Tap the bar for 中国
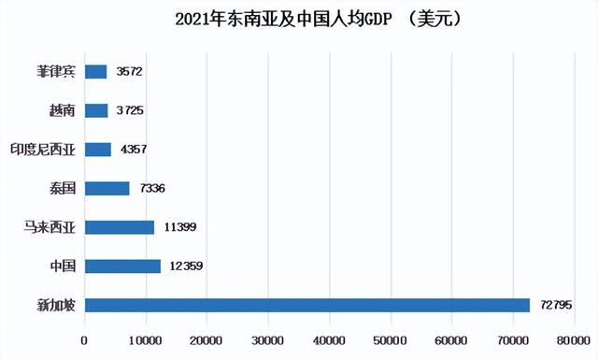(122, 266)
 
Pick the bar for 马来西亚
(120, 227)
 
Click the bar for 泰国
(107, 188)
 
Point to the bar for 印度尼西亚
(98, 149)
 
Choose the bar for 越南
(96, 110)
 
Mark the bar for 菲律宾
(96, 71)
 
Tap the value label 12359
(186, 266)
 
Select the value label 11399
(179, 227)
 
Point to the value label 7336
(154, 188)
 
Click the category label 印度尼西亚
(42, 149)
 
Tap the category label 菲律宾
(55, 71)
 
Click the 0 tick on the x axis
(85, 341)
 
